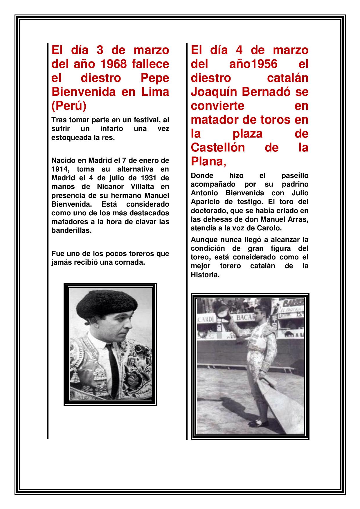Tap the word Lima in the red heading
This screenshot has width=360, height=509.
click(155, 92)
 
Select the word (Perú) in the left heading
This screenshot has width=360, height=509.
click(69, 106)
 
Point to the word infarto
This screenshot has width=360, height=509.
click(111, 129)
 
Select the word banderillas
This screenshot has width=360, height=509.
click(71, 231)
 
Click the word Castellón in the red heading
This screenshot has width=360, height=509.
click(217, 147)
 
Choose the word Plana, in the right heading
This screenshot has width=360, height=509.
click(208, 161)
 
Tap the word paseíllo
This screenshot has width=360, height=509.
click(295, 176)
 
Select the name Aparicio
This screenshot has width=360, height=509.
click(204, 202)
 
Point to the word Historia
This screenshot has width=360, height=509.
click(205, 275)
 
